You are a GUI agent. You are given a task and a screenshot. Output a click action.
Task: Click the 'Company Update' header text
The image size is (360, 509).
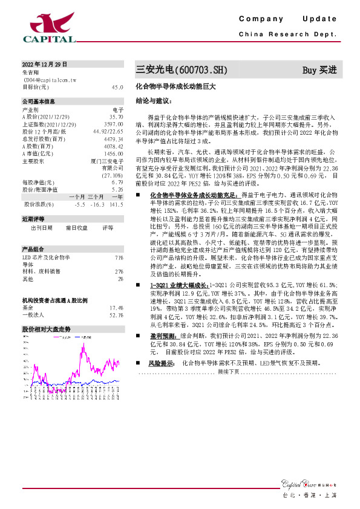click(290, 19)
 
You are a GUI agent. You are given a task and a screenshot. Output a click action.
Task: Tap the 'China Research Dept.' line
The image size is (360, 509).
click(287, 35)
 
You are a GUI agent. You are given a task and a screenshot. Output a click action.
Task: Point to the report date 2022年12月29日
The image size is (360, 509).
click(45, 64)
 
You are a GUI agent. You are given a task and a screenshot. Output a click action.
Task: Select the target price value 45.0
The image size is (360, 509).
click(117, 87)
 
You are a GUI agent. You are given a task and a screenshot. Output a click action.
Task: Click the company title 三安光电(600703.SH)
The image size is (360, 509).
click(181, 70)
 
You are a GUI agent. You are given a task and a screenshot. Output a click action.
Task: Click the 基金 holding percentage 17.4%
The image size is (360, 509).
click(116, 307)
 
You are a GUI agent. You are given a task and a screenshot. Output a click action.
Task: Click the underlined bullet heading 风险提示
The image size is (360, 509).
click(162, 363)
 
